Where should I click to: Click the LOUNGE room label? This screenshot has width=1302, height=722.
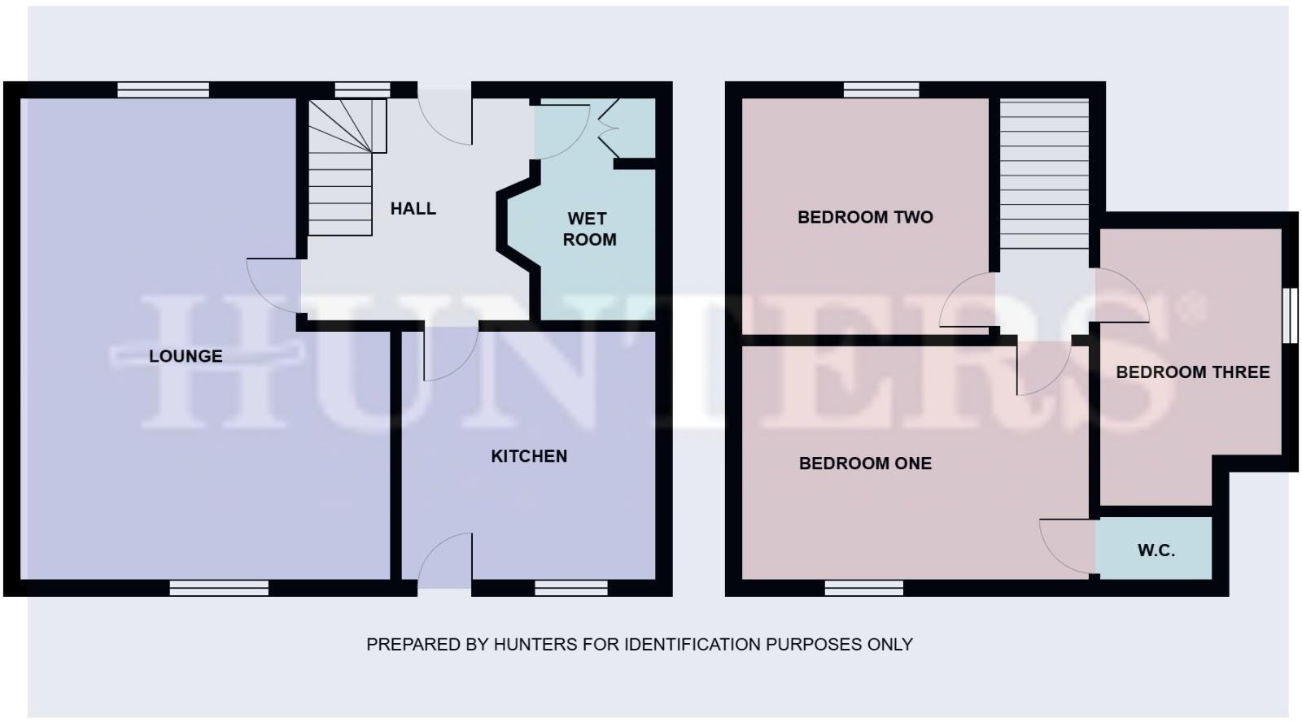(x=186, y=356)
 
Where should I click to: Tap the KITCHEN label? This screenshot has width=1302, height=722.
(x=529, y=456)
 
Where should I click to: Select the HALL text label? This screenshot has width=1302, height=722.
(x=413, y=209)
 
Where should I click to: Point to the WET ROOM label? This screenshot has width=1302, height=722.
(x=588, y=229)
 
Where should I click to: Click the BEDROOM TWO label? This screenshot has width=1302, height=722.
(x=865, y=217)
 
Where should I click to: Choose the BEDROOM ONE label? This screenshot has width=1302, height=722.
(x=865, y=463)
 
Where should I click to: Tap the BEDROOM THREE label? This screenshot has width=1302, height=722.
(x=1192, y=372)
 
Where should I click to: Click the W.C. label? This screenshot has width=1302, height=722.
(x=1156, y=550)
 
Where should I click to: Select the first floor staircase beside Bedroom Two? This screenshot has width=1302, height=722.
(x=1044, y=175)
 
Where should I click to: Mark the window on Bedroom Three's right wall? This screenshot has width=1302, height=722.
(x=1290, y=315)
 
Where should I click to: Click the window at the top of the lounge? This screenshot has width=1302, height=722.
(x=163, y=90)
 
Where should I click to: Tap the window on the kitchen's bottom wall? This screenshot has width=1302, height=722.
(x=571, y=588)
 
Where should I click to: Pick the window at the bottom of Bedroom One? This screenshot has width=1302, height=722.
(x=863, y=588)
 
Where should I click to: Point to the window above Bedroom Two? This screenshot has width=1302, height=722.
(x=881, y=90)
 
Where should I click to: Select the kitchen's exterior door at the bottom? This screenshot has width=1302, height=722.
(x=444, y=561)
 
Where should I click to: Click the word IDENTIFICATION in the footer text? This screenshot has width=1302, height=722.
(x=691, y=645)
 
